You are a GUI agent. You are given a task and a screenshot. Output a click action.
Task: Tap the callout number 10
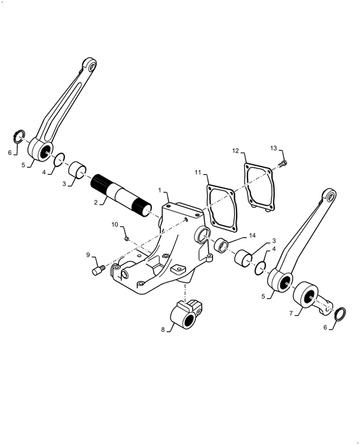pyautogui.click(x=115, y=224)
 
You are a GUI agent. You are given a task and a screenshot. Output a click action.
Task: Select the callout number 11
pyautogui.click(x=198, y=172)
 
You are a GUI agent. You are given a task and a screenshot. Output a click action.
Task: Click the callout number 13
pyautogui.click(x=273, y=148)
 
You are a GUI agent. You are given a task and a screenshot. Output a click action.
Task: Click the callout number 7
pyautogui.click(x=291, y=314)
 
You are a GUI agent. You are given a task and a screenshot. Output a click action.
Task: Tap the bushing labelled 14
pyautogui.click(x=223, y=245)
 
